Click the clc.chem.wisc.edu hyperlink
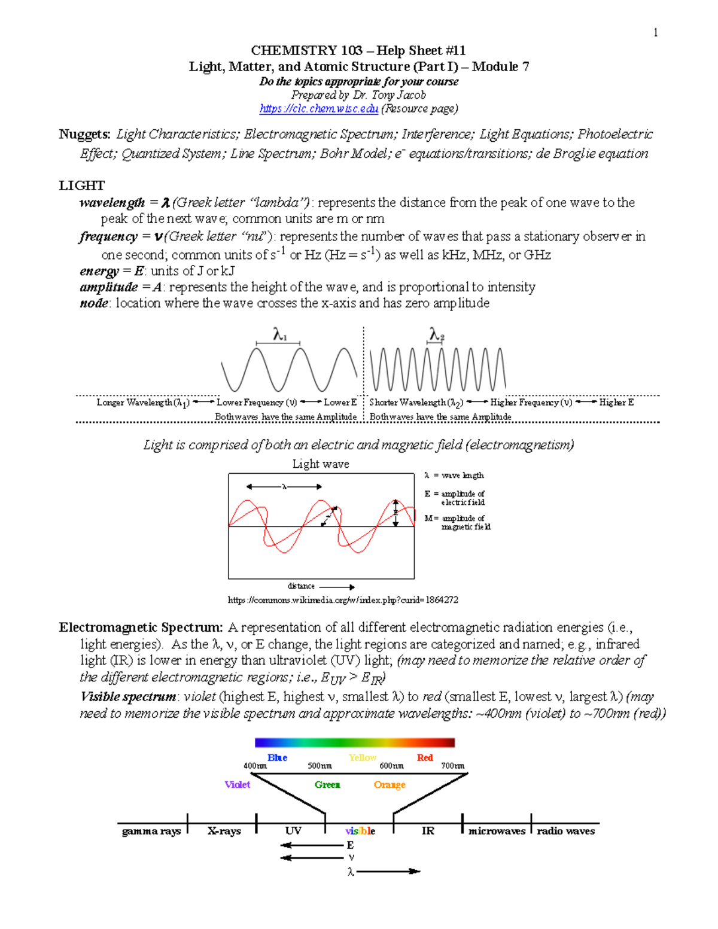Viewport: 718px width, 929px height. [x=318, y=109]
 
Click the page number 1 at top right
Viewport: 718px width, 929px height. [x=656, y=32]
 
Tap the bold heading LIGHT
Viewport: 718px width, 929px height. [x=81, y=185]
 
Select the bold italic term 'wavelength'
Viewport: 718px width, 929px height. [x=112, y=203]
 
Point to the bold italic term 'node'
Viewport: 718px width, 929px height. [x=94, y=303]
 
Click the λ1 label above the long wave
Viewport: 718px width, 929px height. [x=279, y=334]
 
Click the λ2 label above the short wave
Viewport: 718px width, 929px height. [x=436, y=334]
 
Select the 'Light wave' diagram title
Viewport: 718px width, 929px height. [x=321, y=464]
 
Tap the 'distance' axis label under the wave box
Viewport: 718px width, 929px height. [x=301, y=586]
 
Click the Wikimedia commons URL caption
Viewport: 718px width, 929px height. [x=343, y=600]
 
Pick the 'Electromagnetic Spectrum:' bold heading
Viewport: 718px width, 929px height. [x=141, y=628]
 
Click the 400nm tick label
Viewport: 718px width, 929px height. [x=255, y=766]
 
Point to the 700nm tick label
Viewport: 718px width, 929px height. [x=452, y=766]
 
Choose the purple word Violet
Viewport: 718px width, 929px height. [x=237, y=785]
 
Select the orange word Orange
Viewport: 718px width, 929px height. [x=390, y=785]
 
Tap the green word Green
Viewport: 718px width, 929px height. [x=327, y=785]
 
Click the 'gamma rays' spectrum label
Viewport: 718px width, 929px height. [x=151, y=831]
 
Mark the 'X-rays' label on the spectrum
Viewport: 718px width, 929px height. [x=224, y=831]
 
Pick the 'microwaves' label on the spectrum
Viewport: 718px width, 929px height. [x=497, y=831]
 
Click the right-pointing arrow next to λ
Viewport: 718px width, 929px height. [x=388, y=872]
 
